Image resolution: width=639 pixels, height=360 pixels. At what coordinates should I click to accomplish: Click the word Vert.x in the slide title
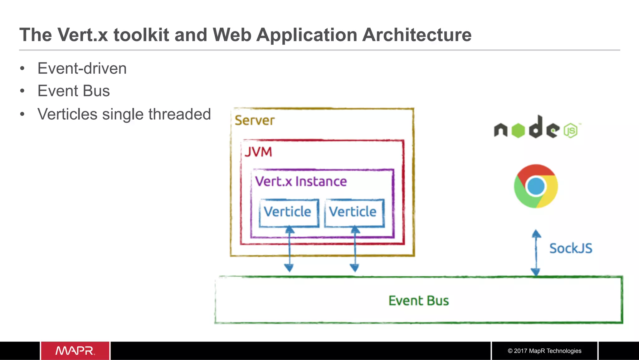[x=82, y=35]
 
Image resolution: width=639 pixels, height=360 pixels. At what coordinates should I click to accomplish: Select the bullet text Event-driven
[x=82, y=68]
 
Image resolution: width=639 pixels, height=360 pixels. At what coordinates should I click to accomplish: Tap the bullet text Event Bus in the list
[x=74, y=91]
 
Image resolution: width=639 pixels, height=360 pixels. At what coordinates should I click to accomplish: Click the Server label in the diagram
[x=255, y=121]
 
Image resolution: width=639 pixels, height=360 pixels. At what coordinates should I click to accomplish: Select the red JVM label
[x=258, y=152]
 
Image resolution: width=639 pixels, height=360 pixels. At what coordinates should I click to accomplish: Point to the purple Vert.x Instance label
[x=301, y=181]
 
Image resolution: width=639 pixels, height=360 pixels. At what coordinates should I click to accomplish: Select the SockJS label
[x=571, y=249]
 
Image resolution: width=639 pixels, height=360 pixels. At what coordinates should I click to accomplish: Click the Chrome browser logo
[x=536, y=186]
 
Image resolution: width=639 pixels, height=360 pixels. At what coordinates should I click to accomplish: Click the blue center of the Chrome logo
[x=536, y=186]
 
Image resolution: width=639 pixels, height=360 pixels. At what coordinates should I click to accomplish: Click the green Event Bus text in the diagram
[x=418, y=301]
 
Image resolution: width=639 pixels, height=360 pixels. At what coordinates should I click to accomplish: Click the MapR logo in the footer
[x=75, y=351]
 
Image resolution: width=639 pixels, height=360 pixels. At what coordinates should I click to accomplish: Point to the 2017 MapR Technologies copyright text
[x=544, y=351]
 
